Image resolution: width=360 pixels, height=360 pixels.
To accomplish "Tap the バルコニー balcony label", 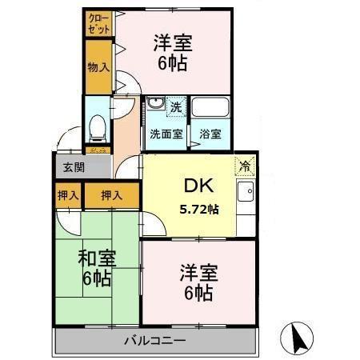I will click(x=155, y=341).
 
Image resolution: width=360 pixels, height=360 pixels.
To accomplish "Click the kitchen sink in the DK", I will click(x=246, y=192).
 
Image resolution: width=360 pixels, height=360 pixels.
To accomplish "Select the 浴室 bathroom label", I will click(x=210, y=134).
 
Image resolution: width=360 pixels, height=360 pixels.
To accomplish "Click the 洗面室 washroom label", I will click(x=166, y=134).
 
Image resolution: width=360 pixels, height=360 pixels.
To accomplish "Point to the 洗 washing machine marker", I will click(x=174, y=106).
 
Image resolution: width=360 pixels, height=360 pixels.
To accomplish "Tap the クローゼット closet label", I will click(x=99, y=23).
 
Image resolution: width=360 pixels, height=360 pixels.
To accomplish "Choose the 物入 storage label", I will click(x=98, y=67).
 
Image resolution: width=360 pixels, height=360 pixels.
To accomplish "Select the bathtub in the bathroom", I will click(x=210, y=108).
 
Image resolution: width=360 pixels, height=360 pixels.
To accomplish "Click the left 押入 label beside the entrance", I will click(x=68, y=194).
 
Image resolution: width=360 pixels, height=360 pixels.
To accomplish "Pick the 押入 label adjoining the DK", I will click(x=111, y=194).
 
